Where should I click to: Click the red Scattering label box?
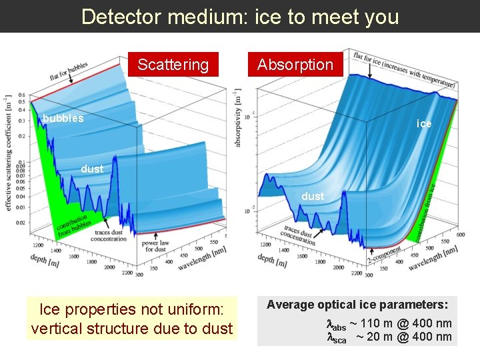173,65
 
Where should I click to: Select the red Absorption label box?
295,65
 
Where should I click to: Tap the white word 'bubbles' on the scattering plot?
63,119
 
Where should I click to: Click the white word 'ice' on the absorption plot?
424,123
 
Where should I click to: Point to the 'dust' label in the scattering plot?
92,169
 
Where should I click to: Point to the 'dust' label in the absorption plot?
313,196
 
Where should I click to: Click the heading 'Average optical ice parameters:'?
357,305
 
